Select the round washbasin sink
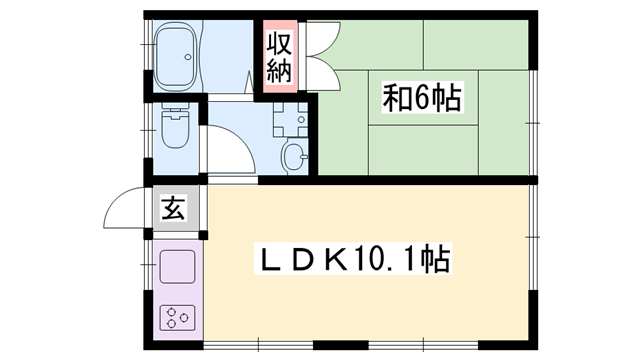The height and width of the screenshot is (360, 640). [294, 155]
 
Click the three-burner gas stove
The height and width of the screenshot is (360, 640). [177, 318]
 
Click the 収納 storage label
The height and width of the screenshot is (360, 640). [278, 58]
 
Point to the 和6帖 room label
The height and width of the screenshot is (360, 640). [422, 98]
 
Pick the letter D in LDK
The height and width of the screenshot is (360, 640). [302, 261]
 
